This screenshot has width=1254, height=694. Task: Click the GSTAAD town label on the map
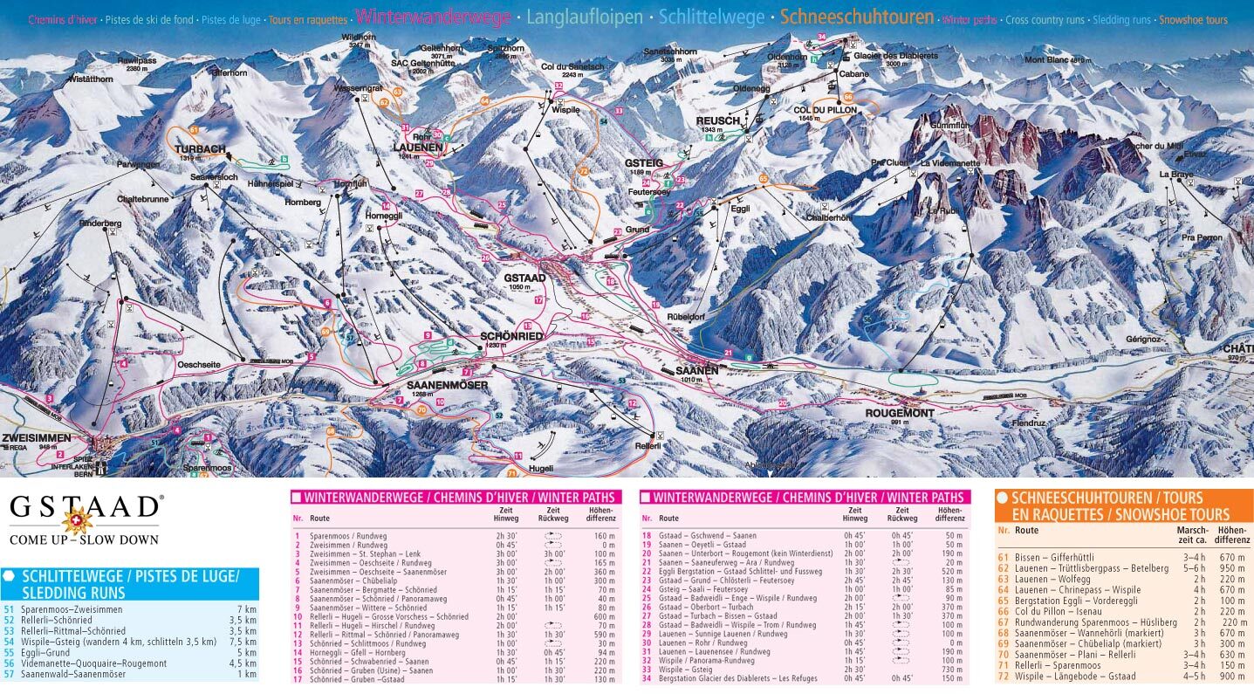click(524, 278)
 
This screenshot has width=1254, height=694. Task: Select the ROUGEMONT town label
click(899, 413)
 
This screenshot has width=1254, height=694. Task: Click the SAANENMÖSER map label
click(447, 385)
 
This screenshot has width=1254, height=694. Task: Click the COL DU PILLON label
click(823, 110)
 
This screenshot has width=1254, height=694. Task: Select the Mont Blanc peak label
click(1052, 60)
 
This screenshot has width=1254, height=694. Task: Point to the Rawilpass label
click(135, 61)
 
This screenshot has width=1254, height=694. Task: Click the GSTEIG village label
click(644, 163)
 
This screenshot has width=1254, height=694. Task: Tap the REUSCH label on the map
click(717, 120)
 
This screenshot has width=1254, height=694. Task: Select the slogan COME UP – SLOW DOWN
click(84, 539)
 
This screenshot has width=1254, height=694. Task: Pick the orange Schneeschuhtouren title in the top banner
click(856, 17)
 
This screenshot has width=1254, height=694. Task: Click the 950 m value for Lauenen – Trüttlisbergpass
click(1232, 568)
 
